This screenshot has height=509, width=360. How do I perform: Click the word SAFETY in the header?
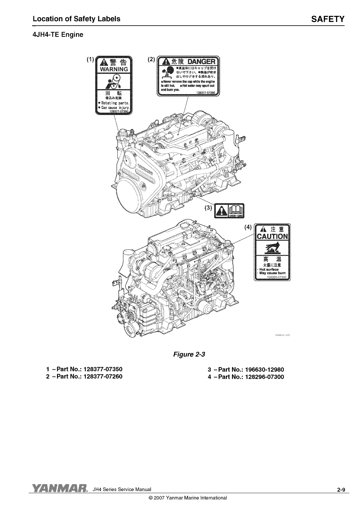328,19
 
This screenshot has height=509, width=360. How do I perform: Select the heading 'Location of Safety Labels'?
77,19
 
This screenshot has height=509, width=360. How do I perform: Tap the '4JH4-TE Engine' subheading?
58,35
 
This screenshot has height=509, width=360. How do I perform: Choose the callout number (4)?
248,227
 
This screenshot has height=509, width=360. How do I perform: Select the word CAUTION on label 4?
272,236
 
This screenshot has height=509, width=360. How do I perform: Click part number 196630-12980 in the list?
264,370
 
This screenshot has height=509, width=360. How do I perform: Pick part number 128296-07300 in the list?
264,377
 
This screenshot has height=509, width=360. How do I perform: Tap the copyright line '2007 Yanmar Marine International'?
188,498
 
